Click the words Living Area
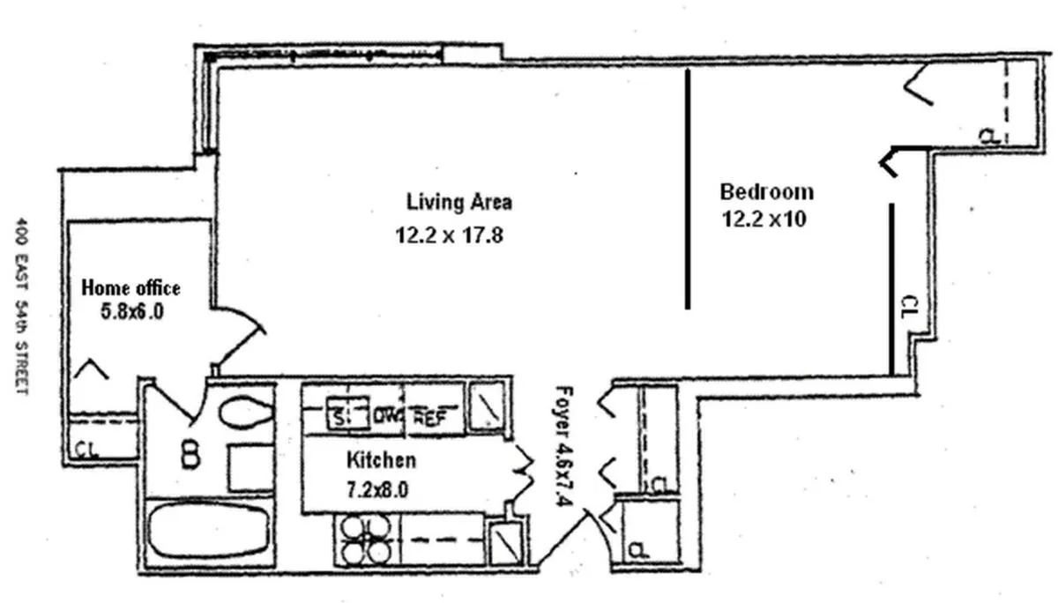tap(458, 202)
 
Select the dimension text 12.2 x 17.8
tap(450, 236)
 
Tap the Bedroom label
tap(766, 191)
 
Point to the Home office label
tap(130, 287)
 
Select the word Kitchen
tap(381, 459)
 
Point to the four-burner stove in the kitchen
tap(365, 539)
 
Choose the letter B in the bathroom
tap(190, 454)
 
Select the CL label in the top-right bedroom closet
tap(990, 136)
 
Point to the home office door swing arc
tap(242, 336)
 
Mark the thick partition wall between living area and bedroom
tap(687, 190)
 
